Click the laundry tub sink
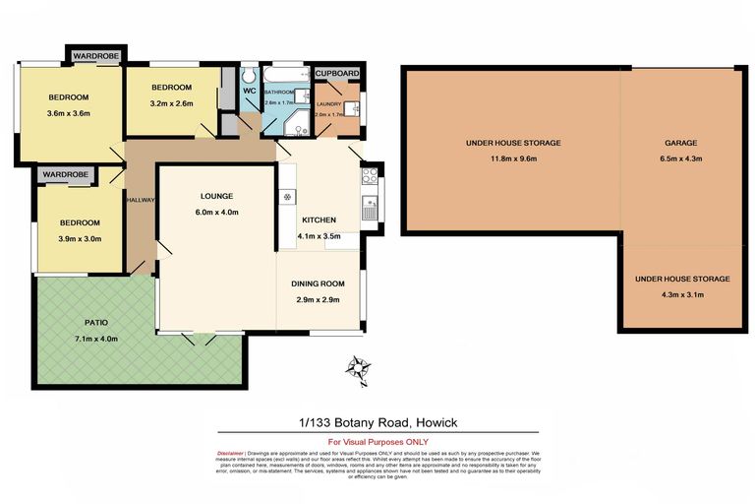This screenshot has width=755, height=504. tap(352, 109)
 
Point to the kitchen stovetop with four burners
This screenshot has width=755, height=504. tap(370, 177)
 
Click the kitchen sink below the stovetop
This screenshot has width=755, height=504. tap(370, 208)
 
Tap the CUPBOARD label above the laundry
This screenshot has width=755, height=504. tap(336, 74)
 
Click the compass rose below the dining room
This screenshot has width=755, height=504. tap(360, 369)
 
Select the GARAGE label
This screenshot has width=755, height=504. tap(681, 143)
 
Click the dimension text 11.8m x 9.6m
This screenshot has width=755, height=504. tap(513, 157)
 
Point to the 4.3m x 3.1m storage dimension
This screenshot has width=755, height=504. tap(681, 293)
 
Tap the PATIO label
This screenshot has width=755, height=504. tap(95, 322)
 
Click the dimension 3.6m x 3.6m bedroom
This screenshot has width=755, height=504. tap(69, 112)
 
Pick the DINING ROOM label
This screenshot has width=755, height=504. tap(317, 283)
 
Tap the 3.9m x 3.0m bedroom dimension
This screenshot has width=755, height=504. tap(79, 238)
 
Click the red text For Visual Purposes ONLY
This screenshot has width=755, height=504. tap(377, 442)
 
